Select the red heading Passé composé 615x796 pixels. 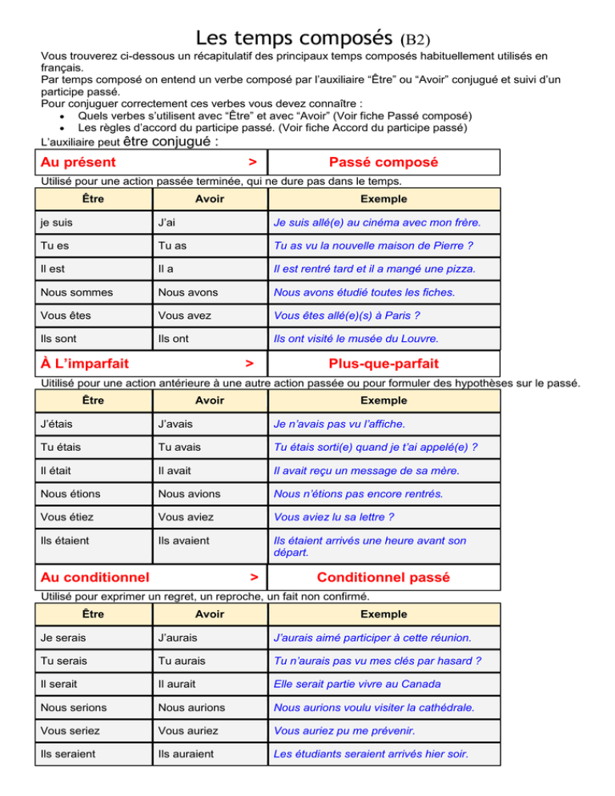(x=384, y=163)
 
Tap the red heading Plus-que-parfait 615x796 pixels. (x=384, y=364)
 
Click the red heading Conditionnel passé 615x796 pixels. (x=384, y=577)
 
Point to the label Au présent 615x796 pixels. (x=78, y=163)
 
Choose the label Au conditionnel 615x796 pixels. (x=95, y=577)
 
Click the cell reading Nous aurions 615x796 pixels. (x=191, y=707)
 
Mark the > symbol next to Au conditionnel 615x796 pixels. (x=253, y=577)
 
